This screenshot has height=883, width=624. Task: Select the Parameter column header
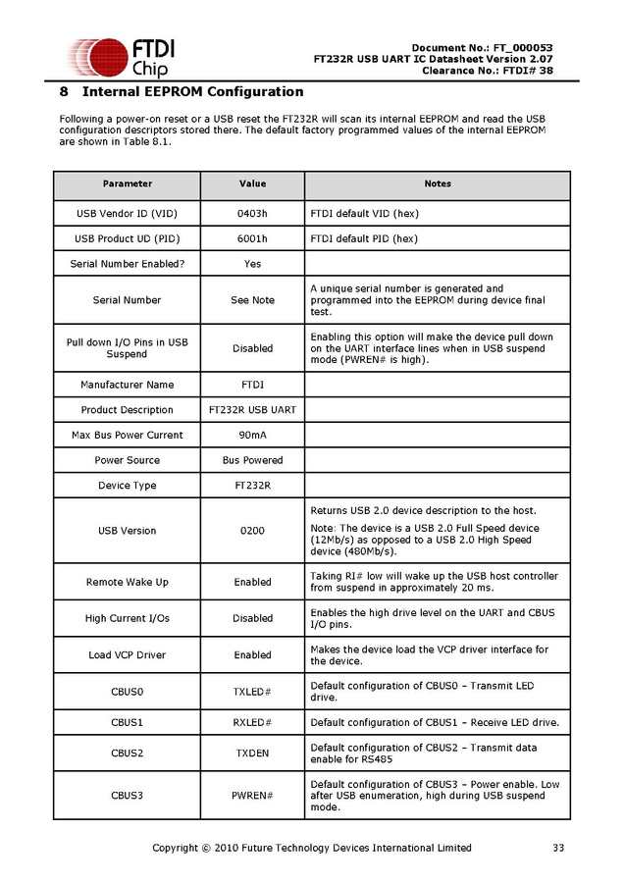(128, 184)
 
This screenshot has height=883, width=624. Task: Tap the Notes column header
(438, 184)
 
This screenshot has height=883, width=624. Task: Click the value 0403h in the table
(252, 213)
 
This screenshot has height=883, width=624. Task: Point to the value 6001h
(252, 238)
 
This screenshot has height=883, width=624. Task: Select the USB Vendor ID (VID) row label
(128, 213)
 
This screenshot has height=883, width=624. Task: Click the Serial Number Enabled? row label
(128, 264)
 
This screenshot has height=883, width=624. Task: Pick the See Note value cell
(252, 300)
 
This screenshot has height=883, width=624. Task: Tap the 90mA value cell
(252, 435)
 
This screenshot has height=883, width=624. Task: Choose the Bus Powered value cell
(252, 460)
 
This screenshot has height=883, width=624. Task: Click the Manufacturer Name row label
(128, 385)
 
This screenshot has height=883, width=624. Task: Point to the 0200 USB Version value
(252, 531)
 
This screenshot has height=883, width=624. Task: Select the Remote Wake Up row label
(128, 582)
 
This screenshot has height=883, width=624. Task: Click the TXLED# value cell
(252, 692)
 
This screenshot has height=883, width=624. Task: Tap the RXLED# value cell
(252, 723)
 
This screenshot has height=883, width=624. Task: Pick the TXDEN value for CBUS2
(252, 753)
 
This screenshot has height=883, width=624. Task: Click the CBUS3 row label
(128, 796)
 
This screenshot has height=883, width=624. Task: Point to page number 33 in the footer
(558, 848)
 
